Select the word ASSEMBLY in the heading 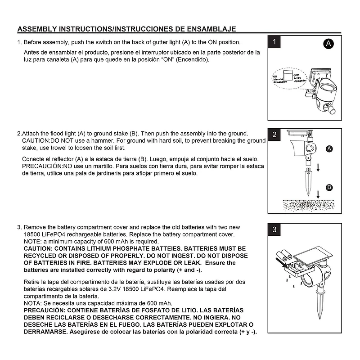click(x=37, y=29)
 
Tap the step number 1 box click(x=275, y=42)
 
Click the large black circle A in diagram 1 click(x=329, y=44)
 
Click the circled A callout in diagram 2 click(x=329, y=148)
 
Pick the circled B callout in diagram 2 click(x=329, y=187)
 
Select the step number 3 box click(x=275, y=230)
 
